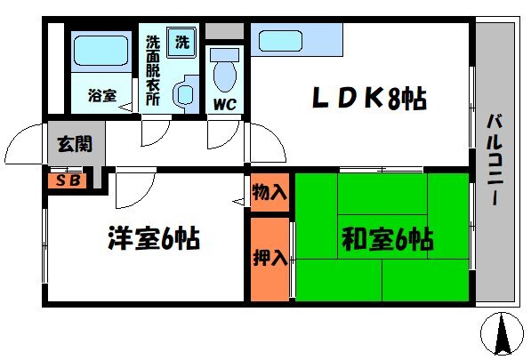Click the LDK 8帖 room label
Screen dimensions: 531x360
point(369,98)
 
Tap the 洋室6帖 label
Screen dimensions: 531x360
point(154,238)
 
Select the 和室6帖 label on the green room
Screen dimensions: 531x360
point(388,239)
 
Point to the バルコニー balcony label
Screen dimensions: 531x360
point(495,160)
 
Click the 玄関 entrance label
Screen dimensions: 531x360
point(75,144)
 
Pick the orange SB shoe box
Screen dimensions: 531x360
point(68,180)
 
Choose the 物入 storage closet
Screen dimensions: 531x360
point(270,193)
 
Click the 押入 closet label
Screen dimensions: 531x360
point(270,258)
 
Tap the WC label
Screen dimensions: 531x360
point(225,104)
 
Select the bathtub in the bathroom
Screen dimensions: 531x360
point(101,51)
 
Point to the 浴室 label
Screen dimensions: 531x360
point(102,95)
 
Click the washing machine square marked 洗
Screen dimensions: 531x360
point(181,42)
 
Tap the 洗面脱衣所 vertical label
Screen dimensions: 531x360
point(153,70)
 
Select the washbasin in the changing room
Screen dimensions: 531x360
point(185,94)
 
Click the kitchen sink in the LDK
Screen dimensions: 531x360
point(280,41)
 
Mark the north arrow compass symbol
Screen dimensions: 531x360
point(502,333)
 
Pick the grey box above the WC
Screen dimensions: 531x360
point(224,31)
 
